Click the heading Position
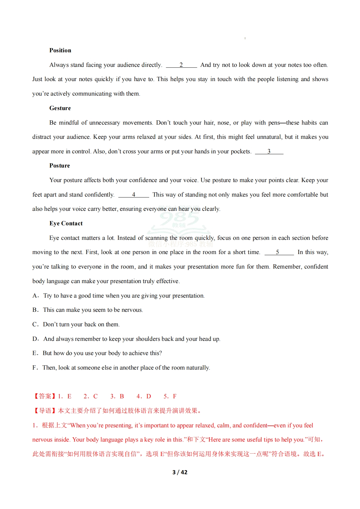60,50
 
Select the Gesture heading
60,108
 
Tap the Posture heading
60,165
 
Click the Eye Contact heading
66,223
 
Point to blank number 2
181,65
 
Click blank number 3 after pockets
269,151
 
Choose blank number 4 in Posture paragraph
133,194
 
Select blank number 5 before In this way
277,252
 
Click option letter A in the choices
35,295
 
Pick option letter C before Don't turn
35,324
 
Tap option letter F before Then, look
34,367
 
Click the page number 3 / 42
180,472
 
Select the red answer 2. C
90,396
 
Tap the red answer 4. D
144,396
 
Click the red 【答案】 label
44,396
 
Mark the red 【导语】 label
44,411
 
